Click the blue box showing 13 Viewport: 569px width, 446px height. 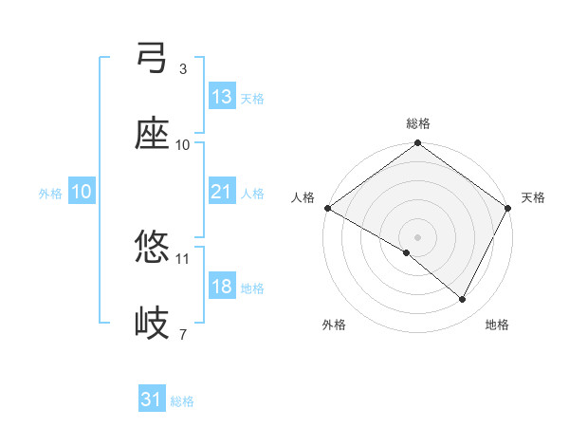click(x=222, y=97)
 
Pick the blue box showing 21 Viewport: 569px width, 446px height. click(x=222, y=192)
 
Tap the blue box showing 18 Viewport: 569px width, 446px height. click(x=222, y=287)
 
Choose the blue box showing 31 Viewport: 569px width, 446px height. click(x=152, y=400)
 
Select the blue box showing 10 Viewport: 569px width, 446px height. click(x=82, y=192)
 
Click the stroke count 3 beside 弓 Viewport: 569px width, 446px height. click(x=183, y=69)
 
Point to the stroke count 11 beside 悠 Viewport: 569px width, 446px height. click(x=183, y=258)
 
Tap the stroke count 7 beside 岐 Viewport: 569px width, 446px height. click(x=183, y=334)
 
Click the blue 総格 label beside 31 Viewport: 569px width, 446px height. click(x=182, y=401)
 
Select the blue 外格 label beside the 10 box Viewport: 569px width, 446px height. click(x=50, y=193)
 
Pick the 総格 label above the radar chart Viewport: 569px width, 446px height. click(x=418, y=123)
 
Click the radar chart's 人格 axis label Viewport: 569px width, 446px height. click(x=303, y=197)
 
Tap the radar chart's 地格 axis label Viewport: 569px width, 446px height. click(x=497, y=325)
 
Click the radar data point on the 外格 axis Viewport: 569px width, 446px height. click(x=407, y=252)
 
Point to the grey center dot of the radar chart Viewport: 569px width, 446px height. click(x=417, y=236)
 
